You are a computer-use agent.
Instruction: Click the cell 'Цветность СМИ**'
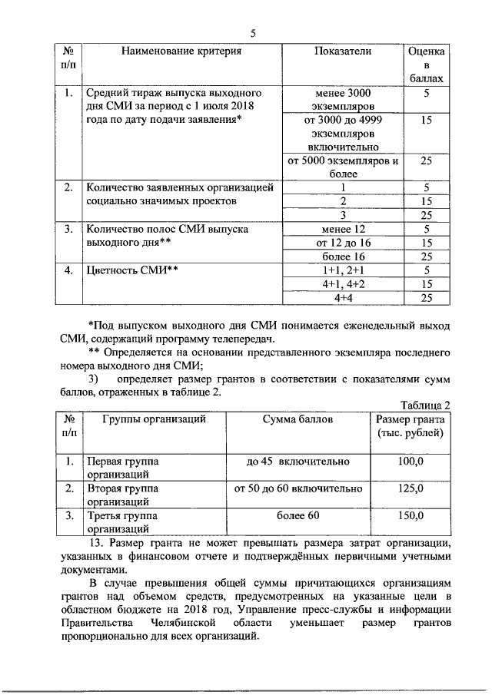(132, 270)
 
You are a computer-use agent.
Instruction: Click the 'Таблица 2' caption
(424, 405)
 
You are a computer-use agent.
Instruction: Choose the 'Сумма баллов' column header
(298, 419)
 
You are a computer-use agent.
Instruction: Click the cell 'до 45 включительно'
(298, 462)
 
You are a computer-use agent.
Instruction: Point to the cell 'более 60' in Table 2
(298, 515)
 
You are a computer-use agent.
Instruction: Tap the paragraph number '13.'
(95, 544)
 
